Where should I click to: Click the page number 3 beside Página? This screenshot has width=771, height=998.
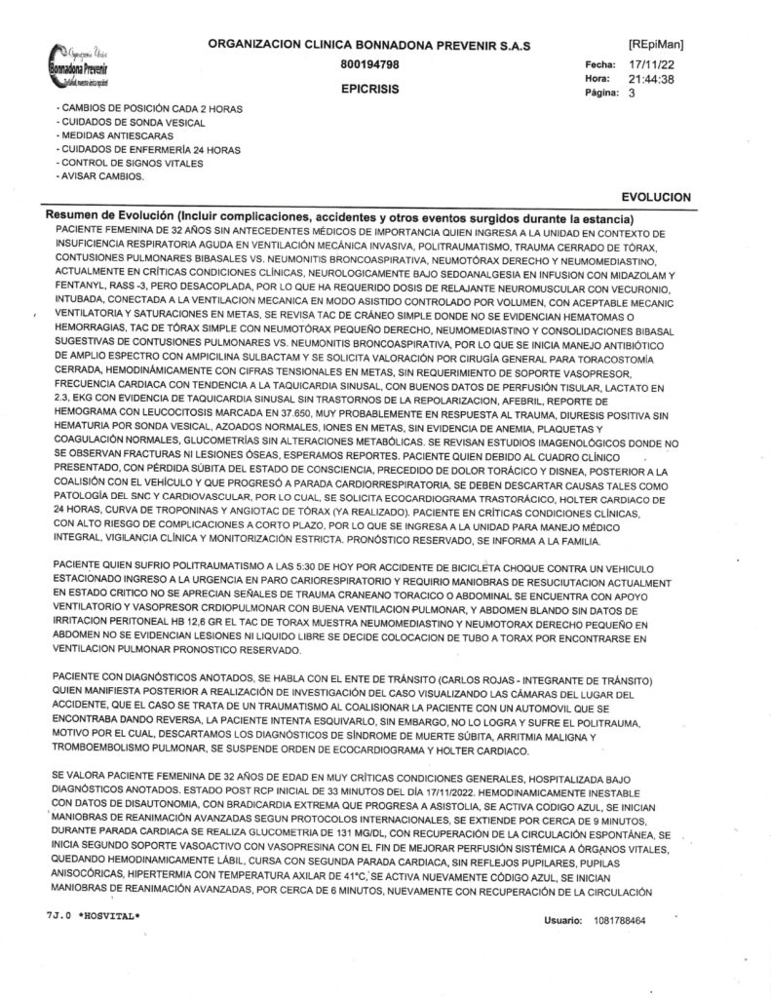click(x=633, y=95)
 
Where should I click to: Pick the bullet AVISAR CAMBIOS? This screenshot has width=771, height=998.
click(x=101, y=176)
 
